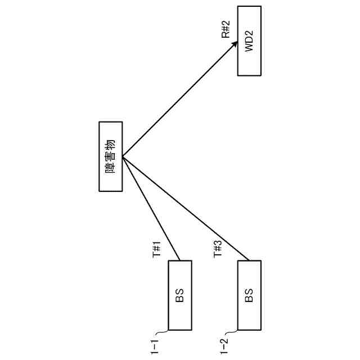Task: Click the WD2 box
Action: point(249,42)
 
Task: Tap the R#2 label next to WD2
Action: point(226,29)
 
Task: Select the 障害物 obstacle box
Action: point(111,156)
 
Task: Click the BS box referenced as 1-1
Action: point(180,295)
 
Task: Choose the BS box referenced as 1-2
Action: point(249,295)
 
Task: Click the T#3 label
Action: point(218,248)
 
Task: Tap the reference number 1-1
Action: point(155,344)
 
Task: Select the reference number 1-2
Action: point(224,344)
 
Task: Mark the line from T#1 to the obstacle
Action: point(151,208)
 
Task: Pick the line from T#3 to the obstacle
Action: point(186,208)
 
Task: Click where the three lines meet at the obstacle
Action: point(123,156)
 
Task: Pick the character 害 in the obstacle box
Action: point(111,156)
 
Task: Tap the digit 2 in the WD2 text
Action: point(249,31)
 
